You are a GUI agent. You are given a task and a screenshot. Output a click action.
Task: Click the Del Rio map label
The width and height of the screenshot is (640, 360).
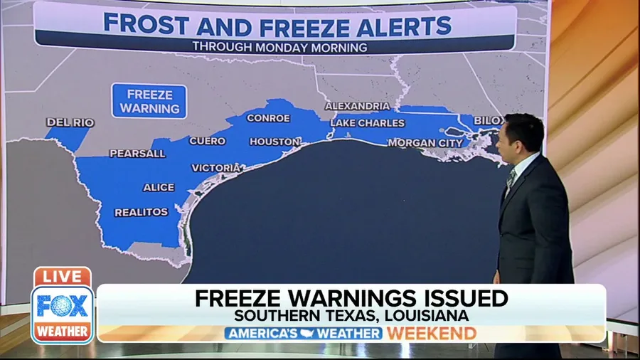click(x=70, y=122)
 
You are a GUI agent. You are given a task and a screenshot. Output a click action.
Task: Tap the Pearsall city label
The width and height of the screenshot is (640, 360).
click(x=137, y=153)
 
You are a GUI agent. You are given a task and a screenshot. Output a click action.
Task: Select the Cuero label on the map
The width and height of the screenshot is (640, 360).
click(x=207, y=141)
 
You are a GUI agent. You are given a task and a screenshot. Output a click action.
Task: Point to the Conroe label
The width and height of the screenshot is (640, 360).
click(x=268, y=118)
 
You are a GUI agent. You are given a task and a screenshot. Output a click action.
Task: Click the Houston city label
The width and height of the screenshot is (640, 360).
click(x=274, y=142)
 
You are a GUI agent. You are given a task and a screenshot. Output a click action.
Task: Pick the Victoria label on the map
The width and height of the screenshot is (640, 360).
click(x=216, y=168)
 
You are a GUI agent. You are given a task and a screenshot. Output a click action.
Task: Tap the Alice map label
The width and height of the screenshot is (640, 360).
click(x=159, y=187)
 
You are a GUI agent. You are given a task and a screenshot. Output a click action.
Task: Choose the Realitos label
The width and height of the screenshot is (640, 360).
click(x=142, y=212)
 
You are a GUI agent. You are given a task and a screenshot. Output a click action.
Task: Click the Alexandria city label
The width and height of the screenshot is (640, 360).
click(x=357, y=106)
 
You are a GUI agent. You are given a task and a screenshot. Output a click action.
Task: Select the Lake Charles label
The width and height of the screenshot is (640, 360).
click(x=367, y=123)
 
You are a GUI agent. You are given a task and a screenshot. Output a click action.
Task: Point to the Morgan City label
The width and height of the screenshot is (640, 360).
click(x=425, y=143)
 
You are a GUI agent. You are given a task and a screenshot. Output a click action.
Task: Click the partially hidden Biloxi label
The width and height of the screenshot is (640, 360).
click(x=487, y=120)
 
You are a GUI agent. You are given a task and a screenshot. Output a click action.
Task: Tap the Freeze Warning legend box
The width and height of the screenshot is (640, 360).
click(x=149, y=101)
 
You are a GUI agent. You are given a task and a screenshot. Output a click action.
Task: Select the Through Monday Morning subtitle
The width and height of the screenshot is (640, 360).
click(x=279, y=48)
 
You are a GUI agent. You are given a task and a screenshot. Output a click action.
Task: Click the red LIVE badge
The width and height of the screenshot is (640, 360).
click(x=62, y=276)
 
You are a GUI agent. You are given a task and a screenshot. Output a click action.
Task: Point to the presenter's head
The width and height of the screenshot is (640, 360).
click(x=521, y=135)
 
